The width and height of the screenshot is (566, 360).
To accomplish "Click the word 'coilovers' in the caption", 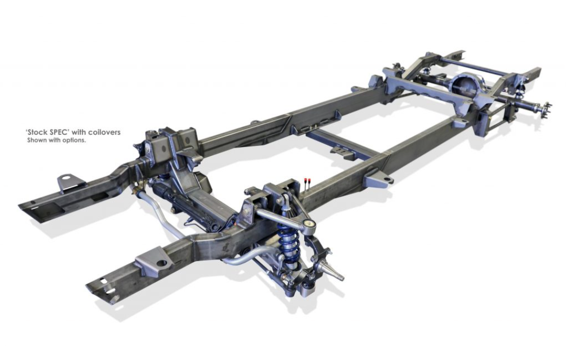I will (105, 132).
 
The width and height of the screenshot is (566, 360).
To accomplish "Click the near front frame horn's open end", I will (101, 290).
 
